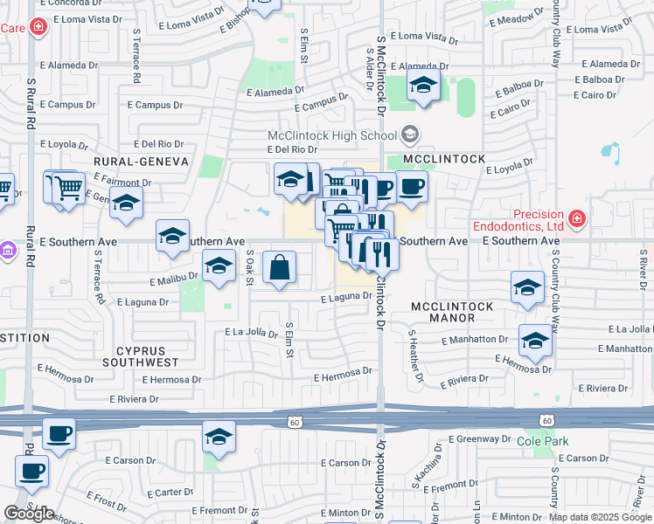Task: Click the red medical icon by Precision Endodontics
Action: click(x=577, y=217)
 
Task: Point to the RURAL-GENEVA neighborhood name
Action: click(x=142, y=162)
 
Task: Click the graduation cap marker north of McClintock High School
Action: click(x=423, y=86)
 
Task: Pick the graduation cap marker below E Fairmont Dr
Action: click(x=127, y=203)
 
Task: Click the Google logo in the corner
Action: click(x=29, y=514)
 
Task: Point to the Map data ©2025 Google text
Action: click(x=600, y=517)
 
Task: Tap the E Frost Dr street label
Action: click(x=106, y=500)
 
